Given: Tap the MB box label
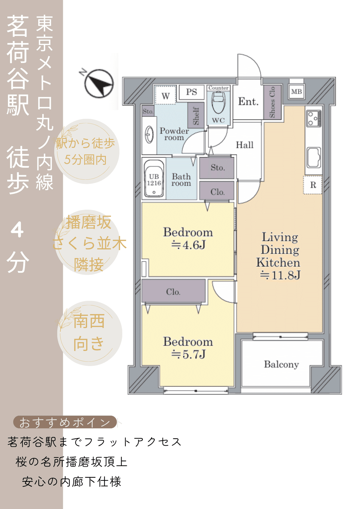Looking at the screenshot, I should (x=296, y=92).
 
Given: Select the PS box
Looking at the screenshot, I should (x=191, y=92).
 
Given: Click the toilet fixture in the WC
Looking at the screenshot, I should (x=218, y=102).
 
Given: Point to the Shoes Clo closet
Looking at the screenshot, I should (x=272, y=102).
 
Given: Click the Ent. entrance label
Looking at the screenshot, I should (x=248, y=102).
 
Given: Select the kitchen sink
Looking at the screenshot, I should (x=313, y=157).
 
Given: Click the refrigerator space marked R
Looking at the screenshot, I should (x=313, y=185).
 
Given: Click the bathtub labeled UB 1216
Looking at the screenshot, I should (x=154, y=179).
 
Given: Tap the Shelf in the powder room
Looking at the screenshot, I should (x=196, y=116).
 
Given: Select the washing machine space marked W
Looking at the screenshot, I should (x=166, y=96).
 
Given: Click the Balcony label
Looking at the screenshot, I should (x=281, y=364).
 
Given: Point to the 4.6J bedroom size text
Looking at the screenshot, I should (x=188, y=245).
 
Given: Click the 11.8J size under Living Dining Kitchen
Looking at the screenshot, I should (x=280, y=275).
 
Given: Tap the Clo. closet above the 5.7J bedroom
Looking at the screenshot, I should (x=173, y=292).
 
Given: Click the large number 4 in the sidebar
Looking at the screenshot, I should (x=17, y=230).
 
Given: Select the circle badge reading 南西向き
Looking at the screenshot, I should (x=89, y=333).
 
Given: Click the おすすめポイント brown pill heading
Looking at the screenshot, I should (x=65, y=422).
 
